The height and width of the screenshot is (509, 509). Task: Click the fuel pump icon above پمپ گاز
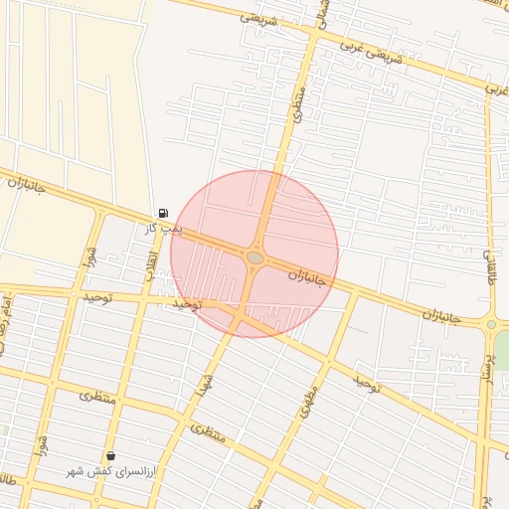(163, 213)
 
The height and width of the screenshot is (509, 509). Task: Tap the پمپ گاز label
(165, 229)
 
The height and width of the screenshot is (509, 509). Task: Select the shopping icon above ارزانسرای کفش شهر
(110, 455)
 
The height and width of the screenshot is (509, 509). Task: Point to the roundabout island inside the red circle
(255, 257)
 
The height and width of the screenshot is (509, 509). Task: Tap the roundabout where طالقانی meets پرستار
(491, 324)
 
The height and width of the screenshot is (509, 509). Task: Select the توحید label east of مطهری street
(365, 383)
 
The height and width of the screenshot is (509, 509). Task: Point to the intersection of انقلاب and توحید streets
(144, 297)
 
